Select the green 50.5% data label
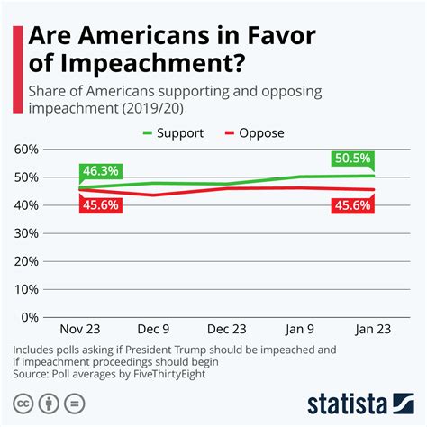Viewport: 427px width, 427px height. [x=353, y=159]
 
